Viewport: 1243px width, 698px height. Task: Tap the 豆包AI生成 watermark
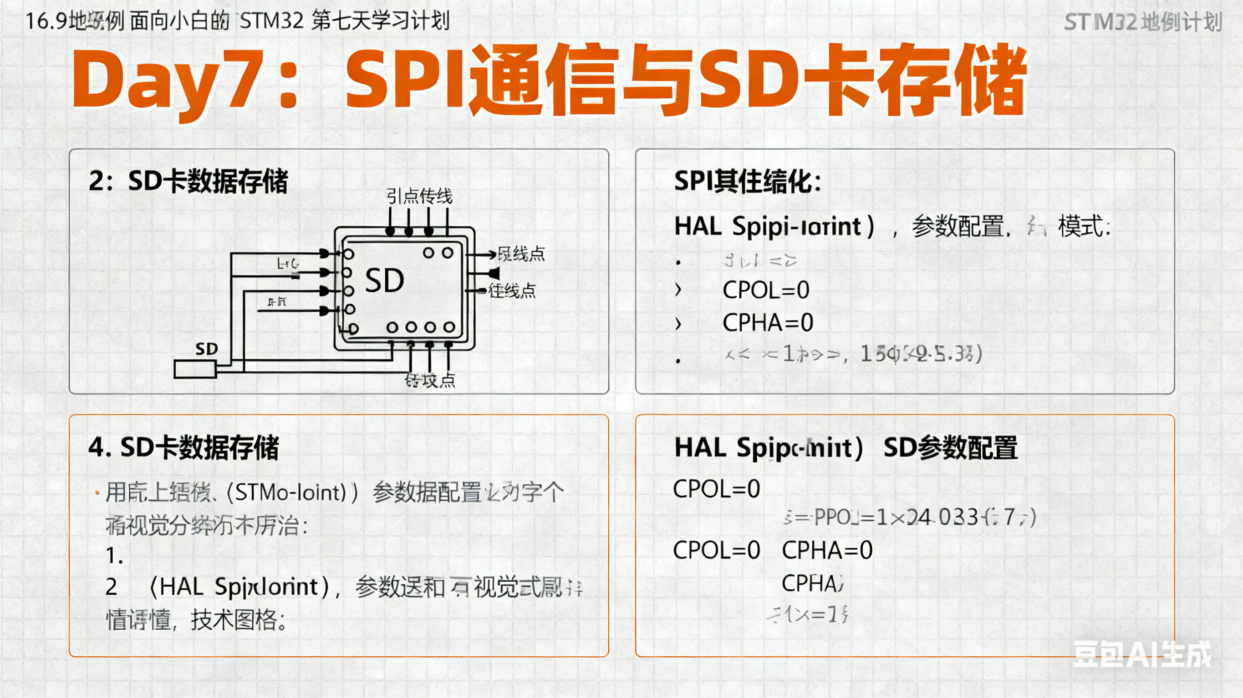1142,655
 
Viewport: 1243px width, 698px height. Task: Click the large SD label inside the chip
384,281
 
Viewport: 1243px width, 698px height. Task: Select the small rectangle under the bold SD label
194,369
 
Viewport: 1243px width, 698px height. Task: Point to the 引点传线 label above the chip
419,196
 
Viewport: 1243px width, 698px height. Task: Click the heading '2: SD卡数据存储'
188,182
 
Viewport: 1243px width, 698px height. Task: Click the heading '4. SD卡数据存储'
183,447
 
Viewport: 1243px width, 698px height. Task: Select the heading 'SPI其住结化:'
748,182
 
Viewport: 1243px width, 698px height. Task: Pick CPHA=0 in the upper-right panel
768,322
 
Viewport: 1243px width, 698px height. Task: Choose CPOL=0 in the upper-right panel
766,290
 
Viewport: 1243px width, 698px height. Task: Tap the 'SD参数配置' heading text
950,448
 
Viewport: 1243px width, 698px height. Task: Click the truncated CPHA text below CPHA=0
813,583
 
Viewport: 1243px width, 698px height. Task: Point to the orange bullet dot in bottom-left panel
97,492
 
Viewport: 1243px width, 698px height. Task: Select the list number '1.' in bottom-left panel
114,555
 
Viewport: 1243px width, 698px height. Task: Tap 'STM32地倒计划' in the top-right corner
1142,22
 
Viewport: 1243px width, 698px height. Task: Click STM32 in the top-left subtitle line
271,21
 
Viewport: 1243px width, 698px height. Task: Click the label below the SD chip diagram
430,380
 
